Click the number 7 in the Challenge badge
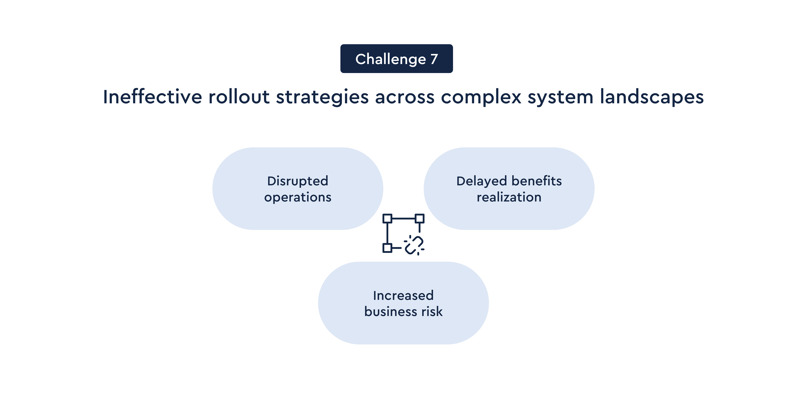434,59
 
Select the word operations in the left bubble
298,197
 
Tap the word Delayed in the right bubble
481,181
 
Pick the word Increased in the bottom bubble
403,295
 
